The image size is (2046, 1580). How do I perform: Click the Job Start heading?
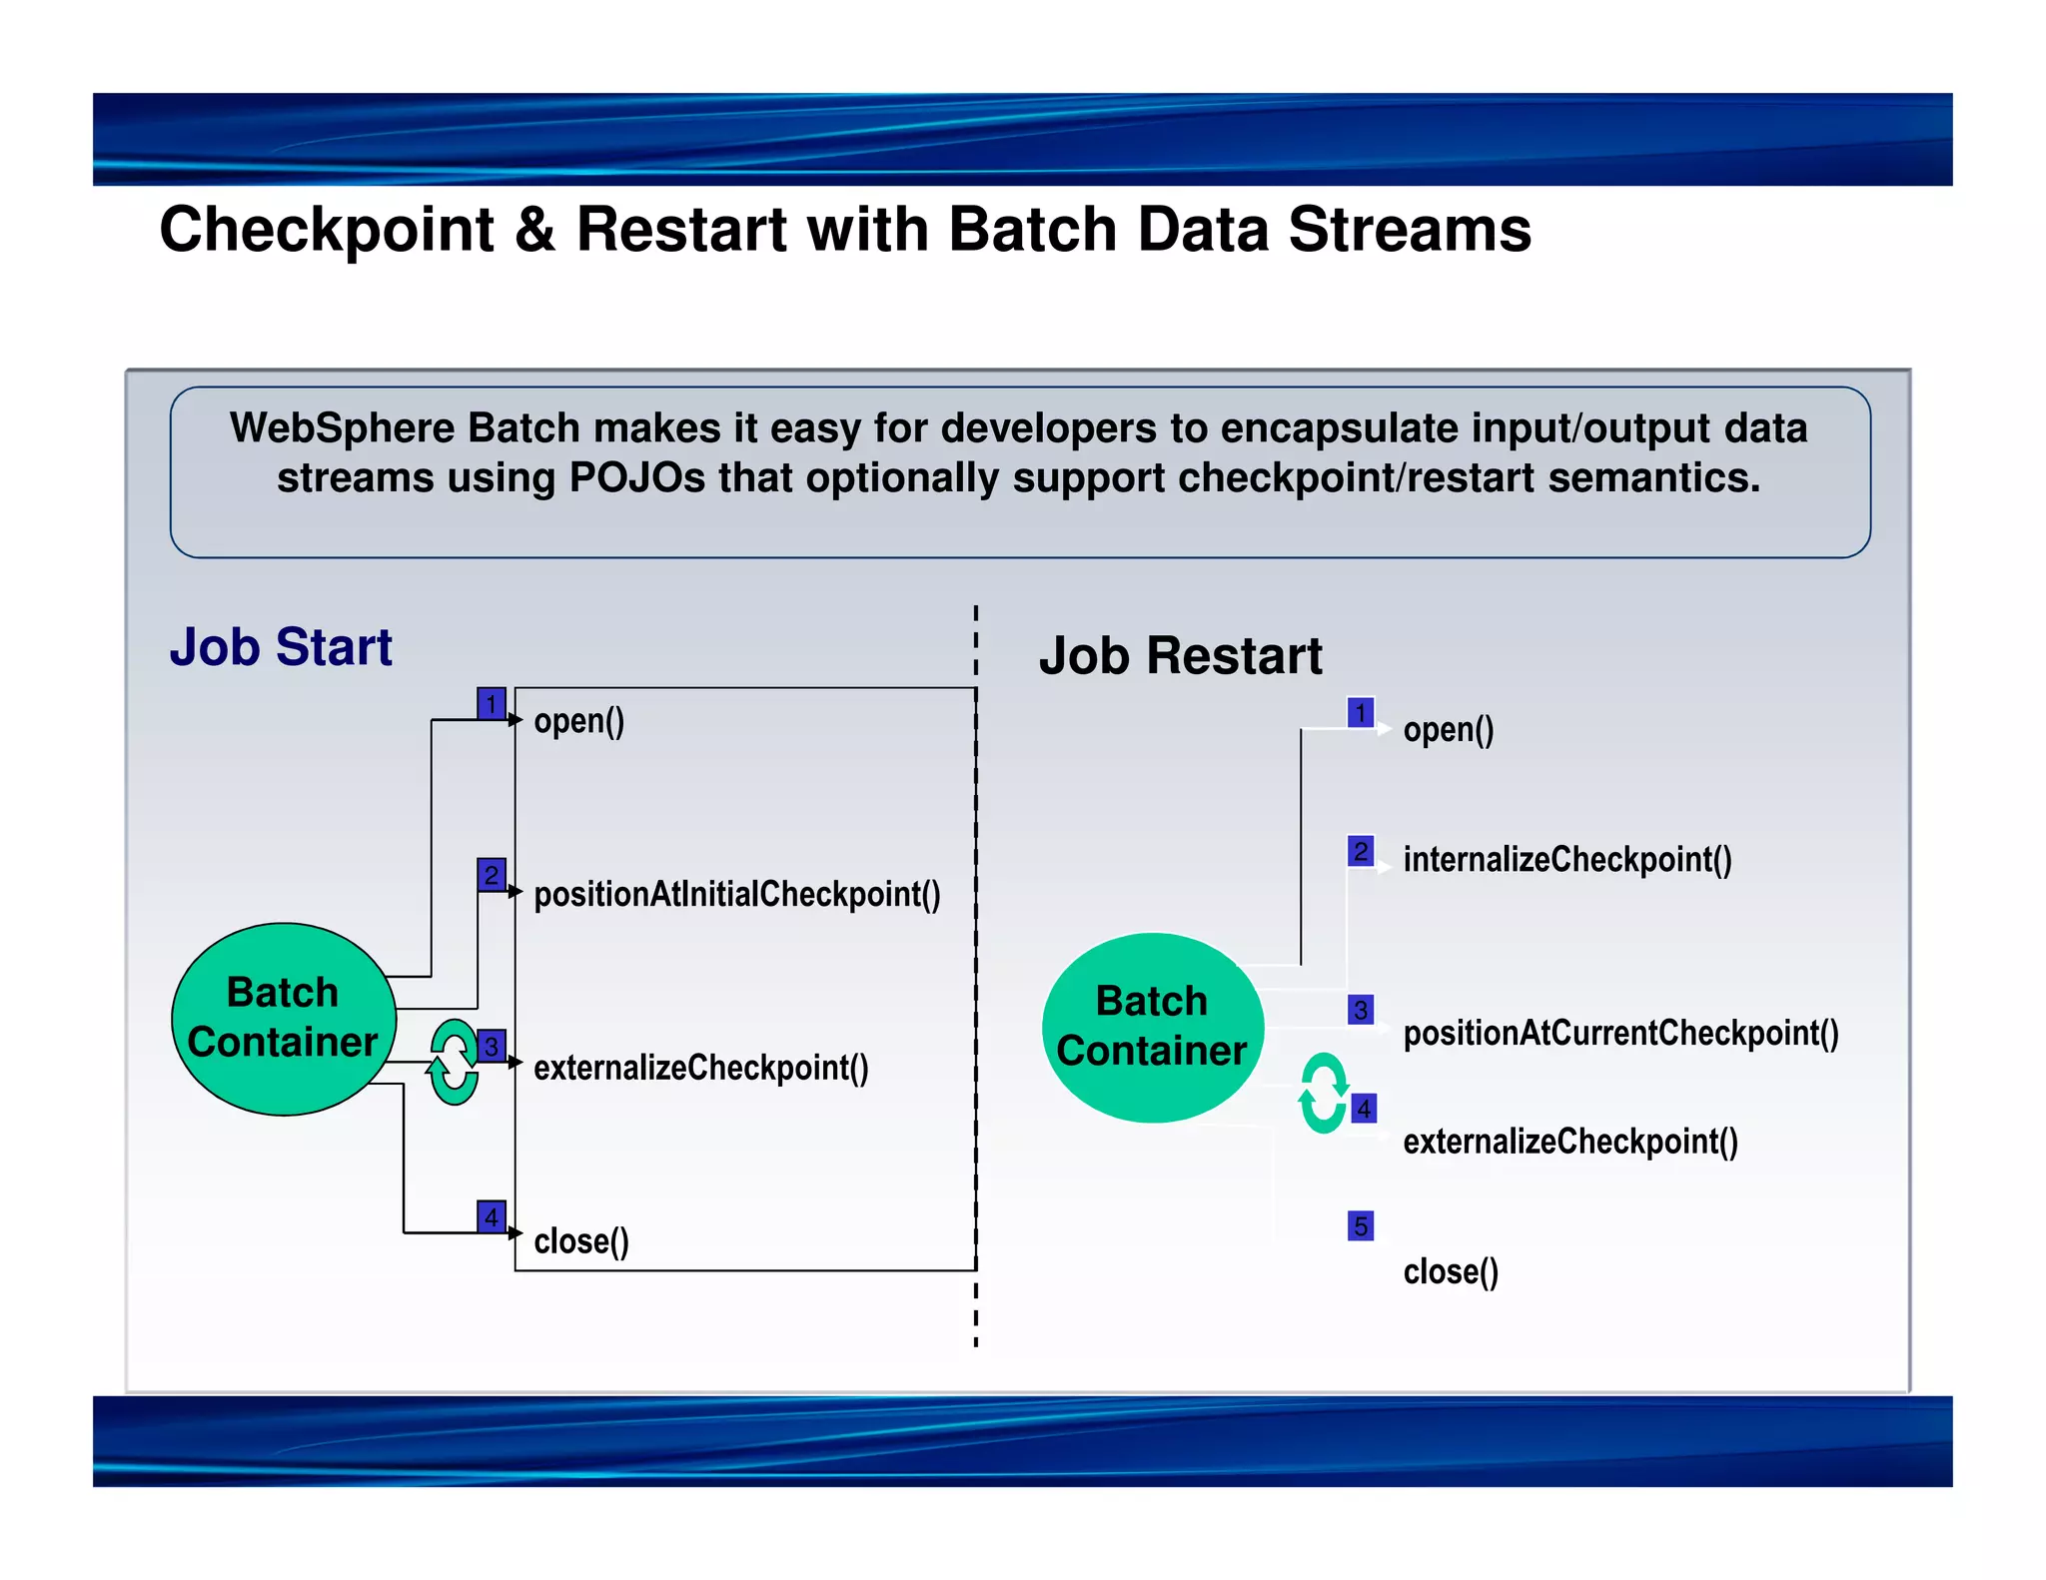tap(281, 647)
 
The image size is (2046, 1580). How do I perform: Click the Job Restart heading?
tap(1180, 656)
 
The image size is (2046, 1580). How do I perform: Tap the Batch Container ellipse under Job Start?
tap(284, 1018)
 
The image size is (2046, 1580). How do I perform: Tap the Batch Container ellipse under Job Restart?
tap(1153, 1027)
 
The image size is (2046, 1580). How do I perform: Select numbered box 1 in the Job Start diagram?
tap(492, 703)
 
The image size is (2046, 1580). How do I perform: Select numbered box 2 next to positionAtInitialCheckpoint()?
tap(492, 875)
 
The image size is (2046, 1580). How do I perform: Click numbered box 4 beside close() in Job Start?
tap(492, 1216)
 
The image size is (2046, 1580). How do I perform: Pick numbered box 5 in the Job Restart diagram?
tap(1361, 1225)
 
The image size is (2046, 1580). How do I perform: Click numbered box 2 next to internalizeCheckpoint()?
tap(1361, 851)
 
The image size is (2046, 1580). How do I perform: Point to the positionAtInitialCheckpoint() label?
tap(737, 894)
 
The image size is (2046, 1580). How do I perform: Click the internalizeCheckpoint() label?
tap(1567, 859)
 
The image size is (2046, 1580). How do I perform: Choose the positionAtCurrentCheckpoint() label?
tap(1620, 1033)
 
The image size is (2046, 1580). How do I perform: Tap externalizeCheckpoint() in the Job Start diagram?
tap(701, 1068)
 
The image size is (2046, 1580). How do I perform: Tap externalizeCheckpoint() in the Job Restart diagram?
tap(1570, 1142)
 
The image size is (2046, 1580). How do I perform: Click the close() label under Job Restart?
tap(1451, 1271)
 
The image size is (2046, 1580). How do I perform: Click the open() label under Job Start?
tap(579, 721)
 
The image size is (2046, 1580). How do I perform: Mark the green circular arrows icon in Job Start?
tap(454, 1062)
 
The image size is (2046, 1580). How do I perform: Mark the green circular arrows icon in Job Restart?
tap(1324, 1093)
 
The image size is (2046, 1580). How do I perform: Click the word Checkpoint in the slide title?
tap(327, 231)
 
